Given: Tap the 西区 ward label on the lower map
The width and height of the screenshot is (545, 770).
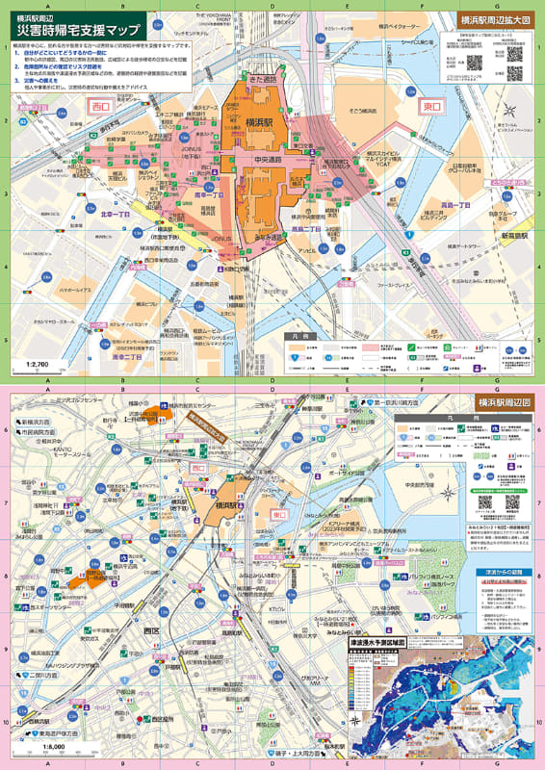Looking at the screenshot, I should (x=150, y=630).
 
